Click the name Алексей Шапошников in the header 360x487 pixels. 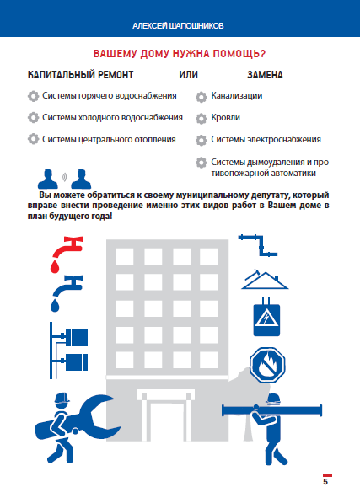click(180, 24)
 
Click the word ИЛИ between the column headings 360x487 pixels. click(188, 75)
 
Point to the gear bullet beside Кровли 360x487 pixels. click(201, 119)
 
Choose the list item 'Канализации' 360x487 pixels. click(237, 96)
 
